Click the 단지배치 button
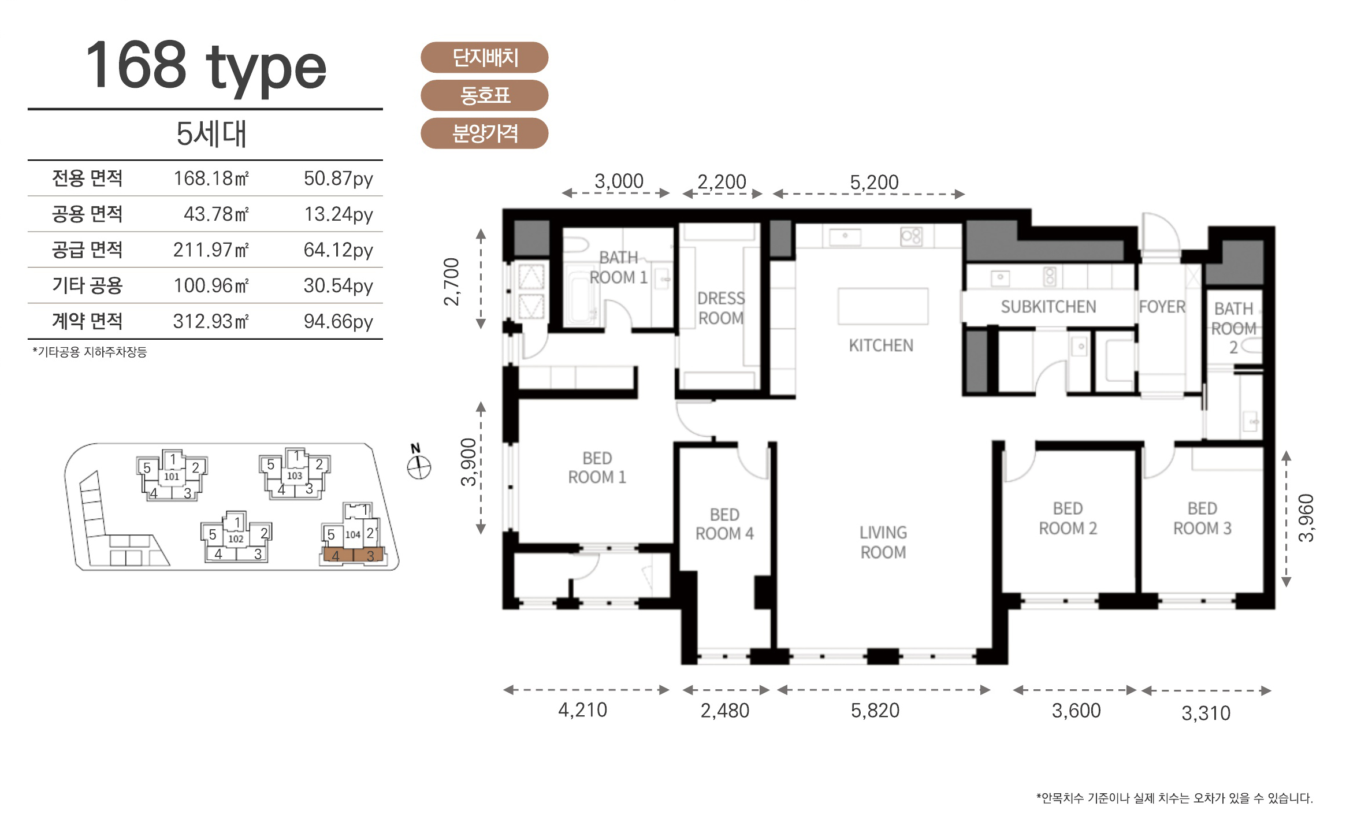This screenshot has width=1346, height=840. click(x=484, y=57)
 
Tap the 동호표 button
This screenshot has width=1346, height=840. click(x=484, y=95)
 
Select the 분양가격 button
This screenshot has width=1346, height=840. click(x=484, y=133)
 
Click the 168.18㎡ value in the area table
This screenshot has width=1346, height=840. click(x=211, y=178)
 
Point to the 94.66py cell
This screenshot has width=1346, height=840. click(x=339, y=321)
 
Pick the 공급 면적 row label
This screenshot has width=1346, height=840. click(x=87, y=250)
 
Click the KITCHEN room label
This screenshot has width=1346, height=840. click(x=881, y=345)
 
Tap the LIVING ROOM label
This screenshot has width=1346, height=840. click(x=883, y=542)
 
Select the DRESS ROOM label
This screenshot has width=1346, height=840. click(x=721, y=308)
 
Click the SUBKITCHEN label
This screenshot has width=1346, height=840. click(x=1048, y=307)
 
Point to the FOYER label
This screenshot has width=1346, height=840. click(x=1162, y=307)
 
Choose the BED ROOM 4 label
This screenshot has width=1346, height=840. click(x=724, y=524)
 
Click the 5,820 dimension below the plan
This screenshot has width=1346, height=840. click(x=875, y=711)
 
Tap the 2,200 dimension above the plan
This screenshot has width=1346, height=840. click(x=722, y=182)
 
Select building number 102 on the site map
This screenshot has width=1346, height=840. click(x=236, y=539)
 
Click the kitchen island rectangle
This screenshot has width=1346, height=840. click(x=883, y=306)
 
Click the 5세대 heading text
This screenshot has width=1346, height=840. click(x=211, y=134)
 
